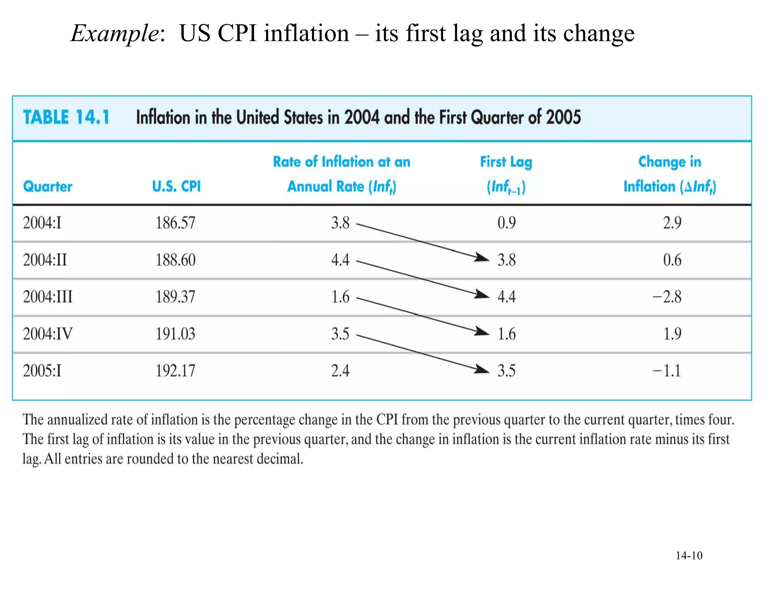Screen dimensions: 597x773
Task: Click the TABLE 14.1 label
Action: (66, 117)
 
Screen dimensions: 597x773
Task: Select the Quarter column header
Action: (48, 186)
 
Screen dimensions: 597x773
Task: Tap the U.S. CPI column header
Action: (176, 186)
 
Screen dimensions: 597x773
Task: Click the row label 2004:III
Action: (48, 297)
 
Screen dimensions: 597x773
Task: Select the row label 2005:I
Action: (42, 371)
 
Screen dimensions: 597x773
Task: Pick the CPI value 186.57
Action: (176, 223)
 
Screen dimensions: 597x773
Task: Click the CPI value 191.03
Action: (176, 334)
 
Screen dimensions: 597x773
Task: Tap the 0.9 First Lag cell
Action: (506, 223)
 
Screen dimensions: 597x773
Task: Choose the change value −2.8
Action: (667, 297)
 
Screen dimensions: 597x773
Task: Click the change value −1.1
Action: (667, 371)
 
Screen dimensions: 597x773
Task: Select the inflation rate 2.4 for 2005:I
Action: (340, 371)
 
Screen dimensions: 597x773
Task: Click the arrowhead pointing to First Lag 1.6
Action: (482, 331)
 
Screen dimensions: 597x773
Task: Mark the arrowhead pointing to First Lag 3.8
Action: (482, 257)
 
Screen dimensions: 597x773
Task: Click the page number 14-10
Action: (689, 555)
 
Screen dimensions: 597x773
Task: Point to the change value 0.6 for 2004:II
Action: (672, 260)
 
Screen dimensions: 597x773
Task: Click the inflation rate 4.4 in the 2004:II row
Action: (340, 260)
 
